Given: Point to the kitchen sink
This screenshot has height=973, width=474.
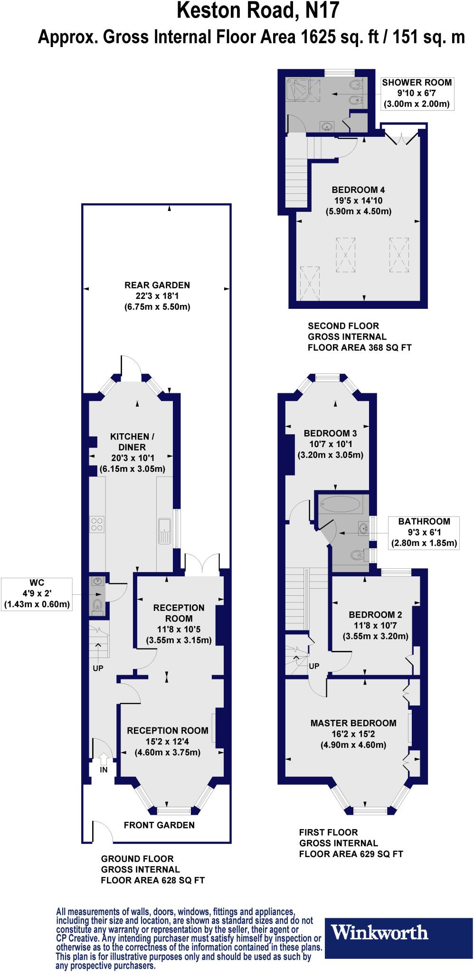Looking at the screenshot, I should tap(164, 531).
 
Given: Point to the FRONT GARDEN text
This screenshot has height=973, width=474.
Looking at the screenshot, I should tap(159, 825).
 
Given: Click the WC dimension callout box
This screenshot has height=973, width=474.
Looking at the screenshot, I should tap(37, 593).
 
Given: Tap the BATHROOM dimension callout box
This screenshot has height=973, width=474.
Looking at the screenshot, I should tap(424, 532).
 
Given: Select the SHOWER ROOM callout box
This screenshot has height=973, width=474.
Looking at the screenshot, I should tap(417, 93).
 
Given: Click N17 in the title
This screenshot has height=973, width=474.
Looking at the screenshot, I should tap(316, 10).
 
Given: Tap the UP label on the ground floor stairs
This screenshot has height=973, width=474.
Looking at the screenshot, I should tap(98, 668).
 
